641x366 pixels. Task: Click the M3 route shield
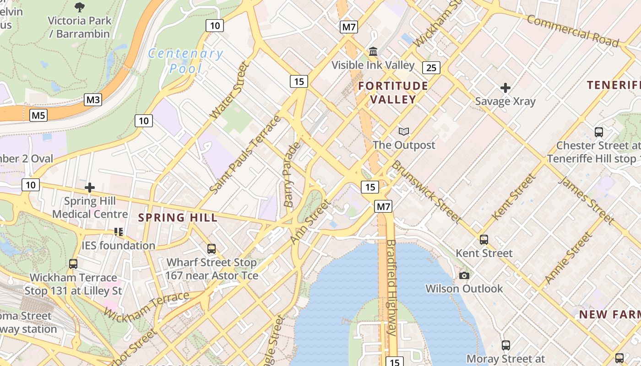point(93,100)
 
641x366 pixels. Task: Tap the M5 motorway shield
point(38,115)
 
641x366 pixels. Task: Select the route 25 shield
point(431,68)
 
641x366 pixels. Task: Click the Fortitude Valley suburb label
point(393,92)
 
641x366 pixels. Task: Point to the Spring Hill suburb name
point(178,218)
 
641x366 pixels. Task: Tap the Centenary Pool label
point(185,61)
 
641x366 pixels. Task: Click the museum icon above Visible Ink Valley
point(373,51)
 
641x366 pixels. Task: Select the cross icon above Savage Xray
point(505,87)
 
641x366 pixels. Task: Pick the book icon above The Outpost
point(403,132)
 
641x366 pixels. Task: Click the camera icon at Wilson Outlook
point(464,275)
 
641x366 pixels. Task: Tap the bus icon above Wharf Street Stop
point(212,249)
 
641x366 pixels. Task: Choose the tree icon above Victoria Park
point(80,7)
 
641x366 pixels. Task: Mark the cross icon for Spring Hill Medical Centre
point(90,188)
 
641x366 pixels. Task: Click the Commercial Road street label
point(572,31)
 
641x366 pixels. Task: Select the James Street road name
point(587,200)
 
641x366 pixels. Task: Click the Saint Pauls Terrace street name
point(245,154)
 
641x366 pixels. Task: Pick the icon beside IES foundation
point(119,232)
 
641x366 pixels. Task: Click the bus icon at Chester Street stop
point(598,132)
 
